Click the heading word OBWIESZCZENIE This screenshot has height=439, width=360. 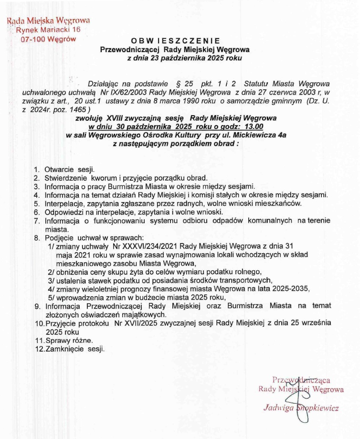(175, 41)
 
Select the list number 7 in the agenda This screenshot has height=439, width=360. (36, 221)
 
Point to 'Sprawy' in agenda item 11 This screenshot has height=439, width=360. (57, 340)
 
